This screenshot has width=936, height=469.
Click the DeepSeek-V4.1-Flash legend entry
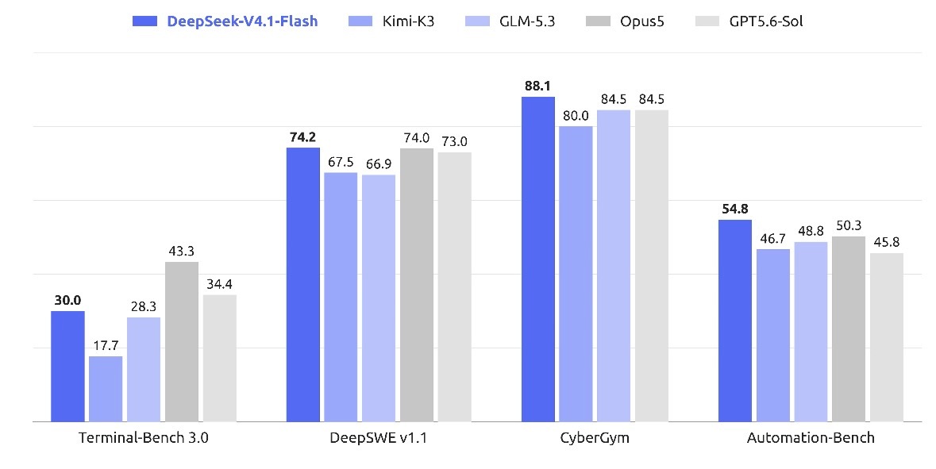225,21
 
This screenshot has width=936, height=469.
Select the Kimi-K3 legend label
408,21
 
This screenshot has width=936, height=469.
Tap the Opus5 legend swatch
598,21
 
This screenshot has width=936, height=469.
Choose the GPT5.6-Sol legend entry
749,21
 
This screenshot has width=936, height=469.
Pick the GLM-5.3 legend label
527,21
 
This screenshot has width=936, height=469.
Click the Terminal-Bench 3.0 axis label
144,438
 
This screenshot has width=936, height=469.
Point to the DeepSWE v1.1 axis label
379,438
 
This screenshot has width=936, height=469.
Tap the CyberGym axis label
595,439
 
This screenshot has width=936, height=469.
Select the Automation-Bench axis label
811,438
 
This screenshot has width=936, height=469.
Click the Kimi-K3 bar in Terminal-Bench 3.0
106,389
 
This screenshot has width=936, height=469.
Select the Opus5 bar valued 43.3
182,342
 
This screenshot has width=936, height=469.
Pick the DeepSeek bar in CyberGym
537,259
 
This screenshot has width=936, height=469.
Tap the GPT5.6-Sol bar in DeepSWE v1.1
454,287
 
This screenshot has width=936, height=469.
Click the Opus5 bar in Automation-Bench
848,329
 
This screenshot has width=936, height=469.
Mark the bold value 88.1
537,86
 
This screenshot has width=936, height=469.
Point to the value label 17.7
106,345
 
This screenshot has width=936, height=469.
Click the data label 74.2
302,137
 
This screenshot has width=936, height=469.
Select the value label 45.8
887,242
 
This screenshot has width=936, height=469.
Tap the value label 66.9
379,164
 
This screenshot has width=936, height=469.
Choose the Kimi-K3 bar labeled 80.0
576,274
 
